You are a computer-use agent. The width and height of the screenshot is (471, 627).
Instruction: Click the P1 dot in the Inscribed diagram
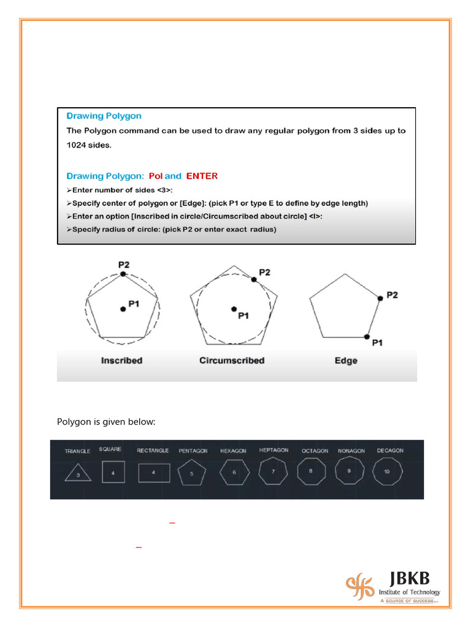coord(123,309)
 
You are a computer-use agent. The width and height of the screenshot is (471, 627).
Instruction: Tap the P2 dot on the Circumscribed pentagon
coord(253,279)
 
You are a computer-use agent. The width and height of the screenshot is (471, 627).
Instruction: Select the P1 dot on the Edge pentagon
coord(367,337)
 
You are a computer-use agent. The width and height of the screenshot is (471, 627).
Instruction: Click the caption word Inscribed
coord(121,361)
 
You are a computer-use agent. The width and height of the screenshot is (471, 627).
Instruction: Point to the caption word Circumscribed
coord(232,361)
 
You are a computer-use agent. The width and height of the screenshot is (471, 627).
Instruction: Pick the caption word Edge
coord(346,361)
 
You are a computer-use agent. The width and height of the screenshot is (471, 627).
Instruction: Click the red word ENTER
coord(202,176)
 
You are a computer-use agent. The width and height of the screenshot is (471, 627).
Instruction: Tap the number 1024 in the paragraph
coord(78,146)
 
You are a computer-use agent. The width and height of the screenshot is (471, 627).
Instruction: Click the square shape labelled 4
coord(113,472)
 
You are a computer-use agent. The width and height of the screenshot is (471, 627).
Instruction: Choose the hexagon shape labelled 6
coord(233,473)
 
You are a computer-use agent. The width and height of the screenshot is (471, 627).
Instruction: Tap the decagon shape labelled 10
coord(387,472)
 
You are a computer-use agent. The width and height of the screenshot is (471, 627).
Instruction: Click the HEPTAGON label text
coord(274,450)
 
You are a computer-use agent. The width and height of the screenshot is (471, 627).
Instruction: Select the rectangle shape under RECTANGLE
coord(154,473)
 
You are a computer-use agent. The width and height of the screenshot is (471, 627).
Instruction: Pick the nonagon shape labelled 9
coord(348,471)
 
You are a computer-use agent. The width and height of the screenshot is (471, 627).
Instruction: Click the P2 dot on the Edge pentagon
coord(380,298)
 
